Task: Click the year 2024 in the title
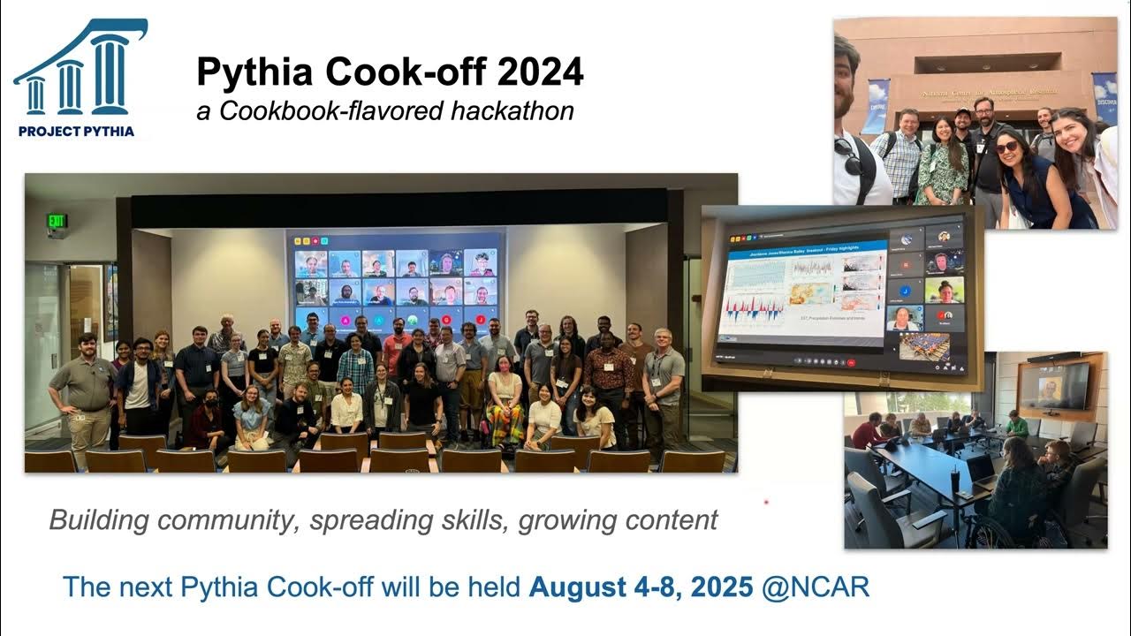click(540, 72)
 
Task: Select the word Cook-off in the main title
click(398, 72)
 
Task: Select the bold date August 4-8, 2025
click(641, 587)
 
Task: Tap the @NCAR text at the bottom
click(816, 587)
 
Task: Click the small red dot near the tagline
click(766, 503)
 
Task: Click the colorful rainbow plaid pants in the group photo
click(505, 423)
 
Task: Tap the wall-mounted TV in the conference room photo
click(1054, 387)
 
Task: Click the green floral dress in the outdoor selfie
click(942, 172)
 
